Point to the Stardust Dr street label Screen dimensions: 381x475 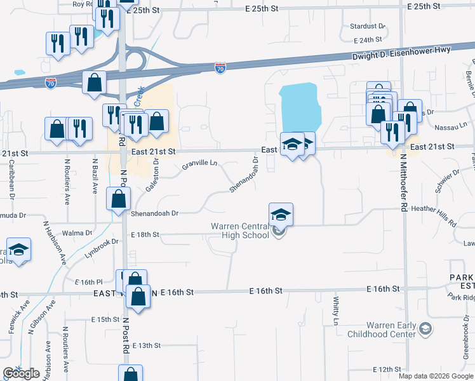pyautogui.click(x=368, y=26)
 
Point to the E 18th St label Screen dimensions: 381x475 pyautogui.click(x=144, y=234)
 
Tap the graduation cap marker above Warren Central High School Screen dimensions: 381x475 pyautogui.click(x=281, y=214)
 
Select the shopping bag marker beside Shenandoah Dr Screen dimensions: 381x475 pyautogui.click(x=119, y=199)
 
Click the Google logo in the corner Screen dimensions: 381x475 pyautogui.click(x=21, y=373)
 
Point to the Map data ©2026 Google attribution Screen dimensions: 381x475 pyautogui.click(x=435, y=376)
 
